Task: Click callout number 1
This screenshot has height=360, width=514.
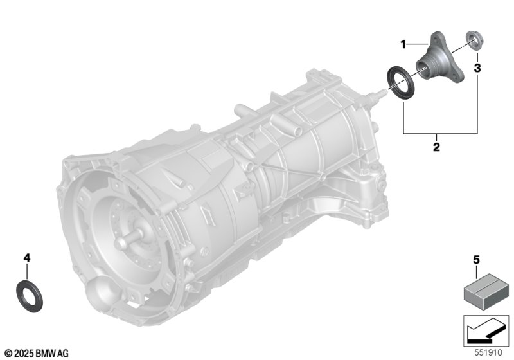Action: coord(403,44)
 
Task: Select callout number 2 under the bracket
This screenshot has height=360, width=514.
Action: coord(436,147)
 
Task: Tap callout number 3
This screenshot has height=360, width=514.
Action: coord(477,68)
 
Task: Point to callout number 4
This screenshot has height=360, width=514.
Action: coord(27,258)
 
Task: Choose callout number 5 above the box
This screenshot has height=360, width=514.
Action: coord(476,260)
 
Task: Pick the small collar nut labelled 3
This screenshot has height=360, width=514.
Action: coord(474,40)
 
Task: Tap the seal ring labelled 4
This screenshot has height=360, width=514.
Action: coord(29,296)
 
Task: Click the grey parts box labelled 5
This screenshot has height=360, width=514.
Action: coord(486,287)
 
